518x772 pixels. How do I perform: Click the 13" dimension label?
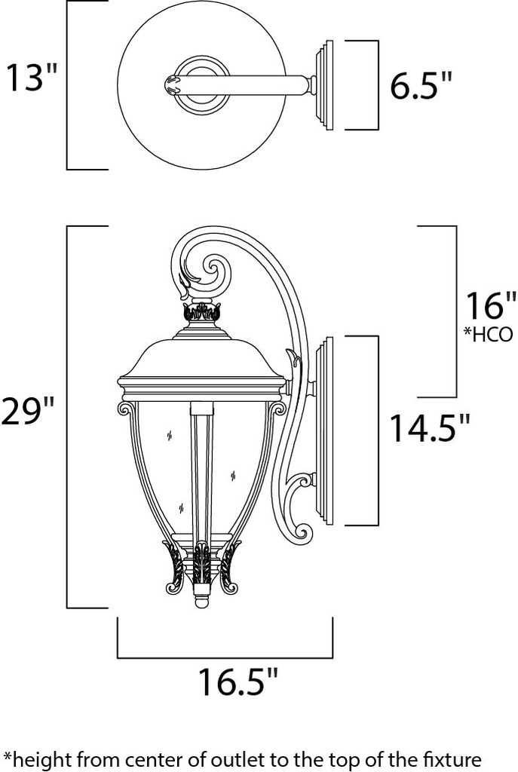pyautogui.click(x=32, y=78)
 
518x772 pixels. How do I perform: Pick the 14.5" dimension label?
pyautogui.click(x=429, y=429)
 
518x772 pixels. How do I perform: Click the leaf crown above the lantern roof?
pyautogui.click(x=201, y=311)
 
